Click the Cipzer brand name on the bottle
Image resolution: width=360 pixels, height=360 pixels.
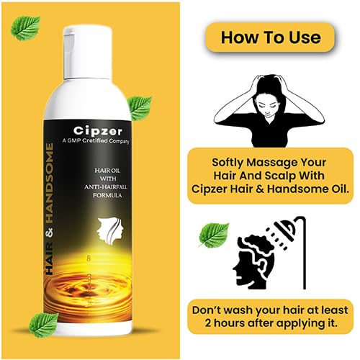pos(98,131)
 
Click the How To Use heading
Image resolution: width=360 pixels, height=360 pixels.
pos(271,37)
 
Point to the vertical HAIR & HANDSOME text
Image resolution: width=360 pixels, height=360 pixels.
pos(49,209)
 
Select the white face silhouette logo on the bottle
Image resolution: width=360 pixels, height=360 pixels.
pos(110,229)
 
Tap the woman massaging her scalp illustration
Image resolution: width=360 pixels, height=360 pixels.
pos(269,110)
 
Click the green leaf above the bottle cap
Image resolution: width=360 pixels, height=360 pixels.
pos(26,28)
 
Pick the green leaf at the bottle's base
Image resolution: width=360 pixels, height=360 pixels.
pos(44,325)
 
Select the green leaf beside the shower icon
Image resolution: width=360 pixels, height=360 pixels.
pos(214,235)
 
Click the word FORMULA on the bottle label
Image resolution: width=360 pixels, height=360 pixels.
pos(107,195)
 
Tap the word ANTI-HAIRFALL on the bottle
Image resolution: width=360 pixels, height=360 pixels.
pos(106,187)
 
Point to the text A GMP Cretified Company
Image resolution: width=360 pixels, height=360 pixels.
pos(96,141)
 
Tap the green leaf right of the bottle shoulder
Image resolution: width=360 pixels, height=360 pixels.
pos(140,108)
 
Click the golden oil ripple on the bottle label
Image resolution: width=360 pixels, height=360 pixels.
pos(88,293)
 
